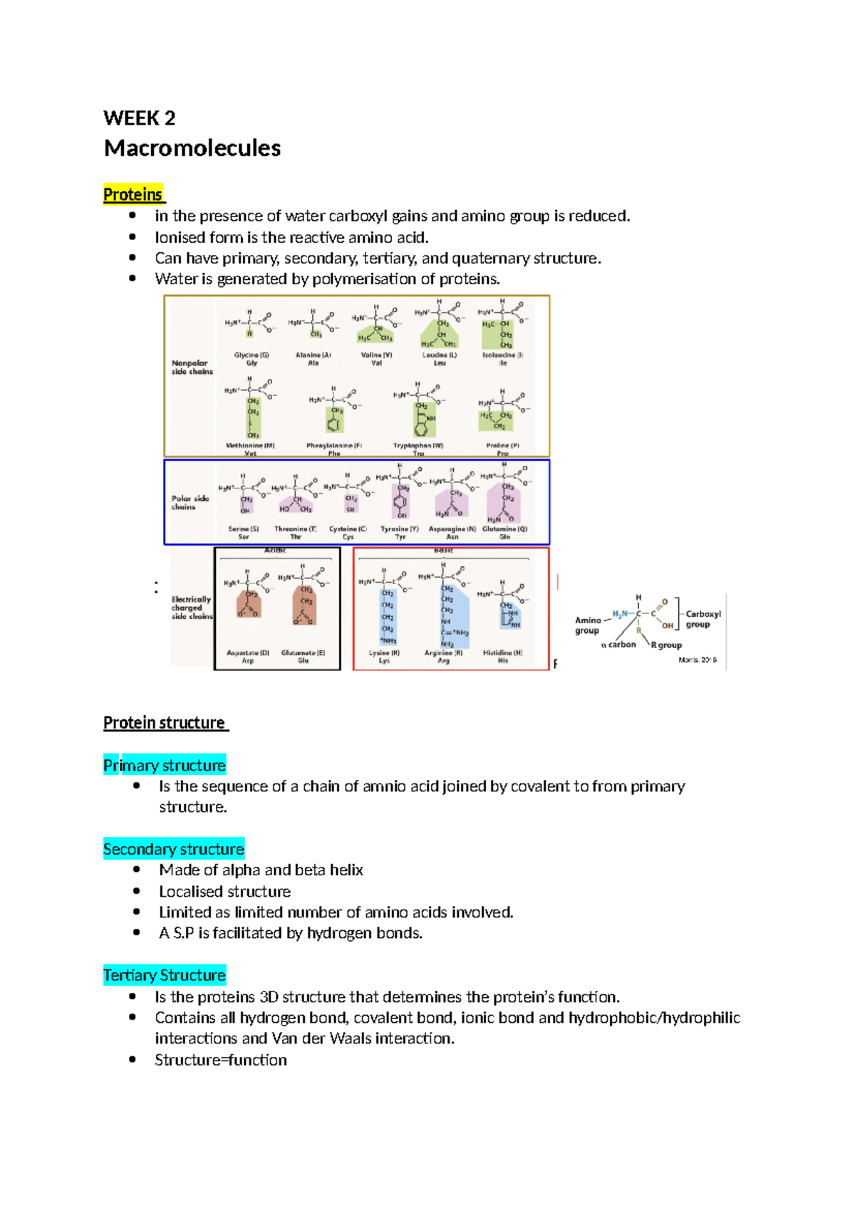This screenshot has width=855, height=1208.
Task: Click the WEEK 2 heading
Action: [139, 118]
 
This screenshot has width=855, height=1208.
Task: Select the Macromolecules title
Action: [192, 148]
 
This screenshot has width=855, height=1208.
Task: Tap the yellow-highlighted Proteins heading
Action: [133, 194]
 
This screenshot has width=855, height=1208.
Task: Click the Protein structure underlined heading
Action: [165, 723]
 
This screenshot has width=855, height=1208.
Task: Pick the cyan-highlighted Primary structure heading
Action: [165, 766]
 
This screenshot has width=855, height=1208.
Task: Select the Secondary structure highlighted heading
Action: [174, 849]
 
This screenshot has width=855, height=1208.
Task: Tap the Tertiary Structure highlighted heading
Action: [165, 975]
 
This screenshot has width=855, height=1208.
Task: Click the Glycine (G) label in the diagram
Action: [252, 355]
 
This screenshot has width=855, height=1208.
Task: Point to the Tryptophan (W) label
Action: [418, 446]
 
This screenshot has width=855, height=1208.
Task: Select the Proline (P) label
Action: [503, 446]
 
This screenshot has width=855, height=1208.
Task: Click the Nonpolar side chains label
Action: [192, 367]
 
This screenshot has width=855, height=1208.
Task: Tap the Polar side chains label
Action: [190, 503]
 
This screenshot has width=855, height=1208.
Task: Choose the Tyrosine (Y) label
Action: [400, 529]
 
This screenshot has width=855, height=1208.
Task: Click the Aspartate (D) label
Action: [248, 652]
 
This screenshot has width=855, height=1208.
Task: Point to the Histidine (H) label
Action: [503, 652]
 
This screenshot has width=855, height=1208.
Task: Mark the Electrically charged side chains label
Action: [191, 608]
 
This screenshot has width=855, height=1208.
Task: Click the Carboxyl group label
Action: [703, 619]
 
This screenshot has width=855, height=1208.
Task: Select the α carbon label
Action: [618, 645]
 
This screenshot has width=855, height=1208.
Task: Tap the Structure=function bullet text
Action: [221, 1060]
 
